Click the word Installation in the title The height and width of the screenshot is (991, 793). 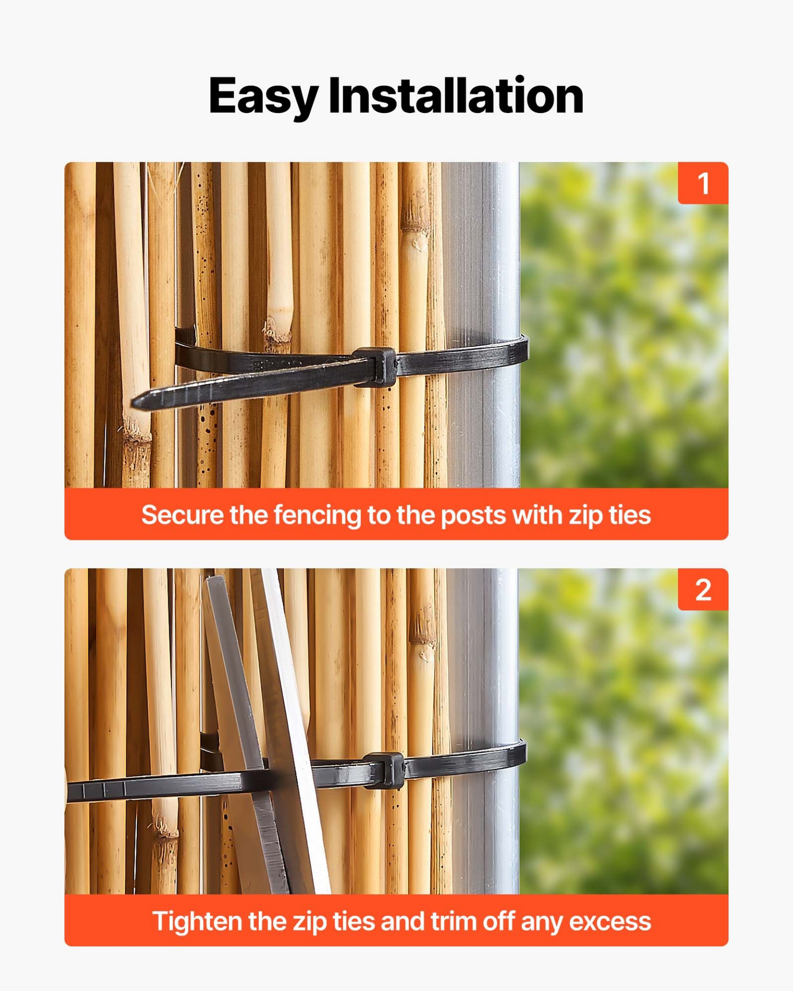[x=455, y=95]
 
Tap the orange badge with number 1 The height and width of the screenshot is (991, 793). [x=703, y=183]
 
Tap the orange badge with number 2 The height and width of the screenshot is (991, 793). [x=703, y=589]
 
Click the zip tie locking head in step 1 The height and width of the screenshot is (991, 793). [x=375, y=367]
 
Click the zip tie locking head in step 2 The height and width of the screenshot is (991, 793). [x=384, y=770]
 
